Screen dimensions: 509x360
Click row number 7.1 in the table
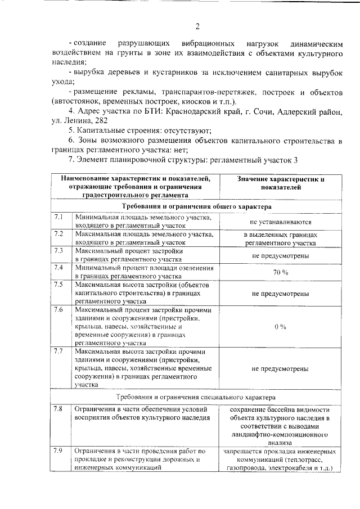[x=58, y=217]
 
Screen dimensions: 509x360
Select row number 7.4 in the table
[x=58, y=267]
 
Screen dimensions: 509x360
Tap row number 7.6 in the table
[x=58, y=309]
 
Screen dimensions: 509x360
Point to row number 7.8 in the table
[x=58, y=409]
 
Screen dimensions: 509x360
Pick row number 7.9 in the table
[x=58, y=451]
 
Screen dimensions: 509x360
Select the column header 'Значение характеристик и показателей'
[x=280, y=183]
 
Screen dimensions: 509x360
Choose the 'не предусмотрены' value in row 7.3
[x=280, y=255]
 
